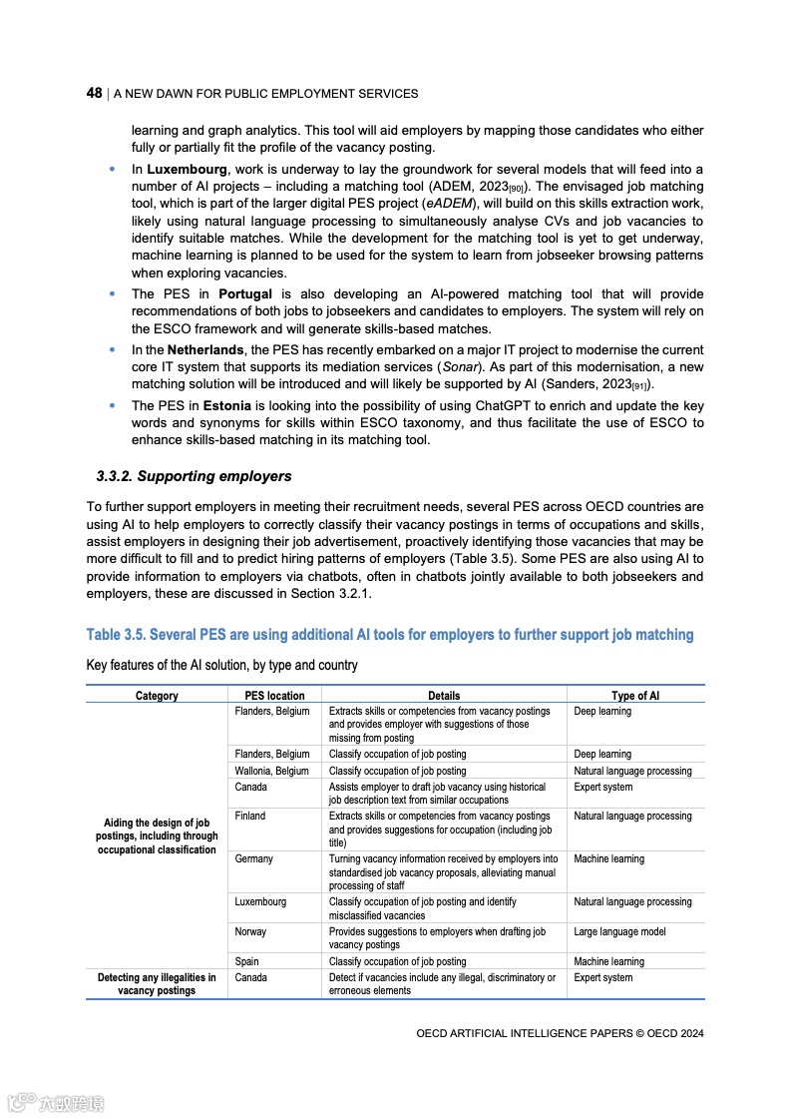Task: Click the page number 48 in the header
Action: coord(95,93)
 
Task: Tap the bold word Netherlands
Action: coord(204,350)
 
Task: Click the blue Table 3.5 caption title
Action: coord(390,635)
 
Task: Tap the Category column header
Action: coord(157,696)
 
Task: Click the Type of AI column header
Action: coord(635,696)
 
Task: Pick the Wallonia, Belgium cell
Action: coord(271,771)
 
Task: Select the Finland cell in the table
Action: coord(250,816)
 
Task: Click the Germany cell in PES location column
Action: coord(253,858)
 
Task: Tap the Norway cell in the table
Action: coord(250,931)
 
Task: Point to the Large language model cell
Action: coord(619,931)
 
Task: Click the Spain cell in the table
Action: coord(246,961)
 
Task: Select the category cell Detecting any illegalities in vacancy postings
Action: coord(157,984)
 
